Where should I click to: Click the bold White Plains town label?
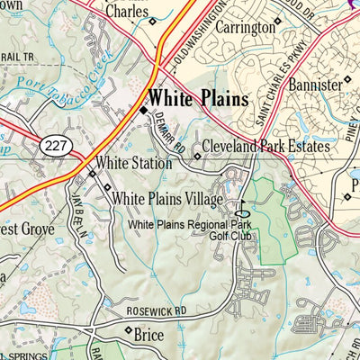pos(198,98)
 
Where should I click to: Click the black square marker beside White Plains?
pos(141,110)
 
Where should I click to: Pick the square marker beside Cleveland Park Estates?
pos(197,155)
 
